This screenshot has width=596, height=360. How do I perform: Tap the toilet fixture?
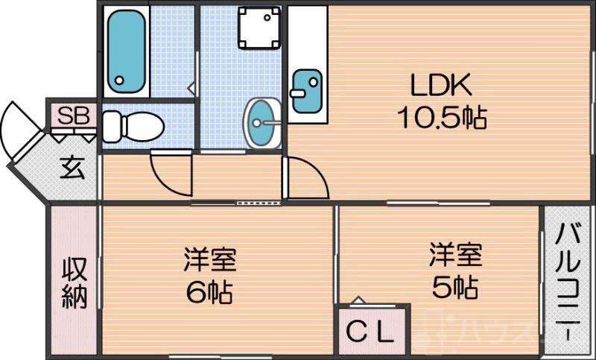point(133,125)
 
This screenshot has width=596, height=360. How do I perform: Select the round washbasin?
point(261,122)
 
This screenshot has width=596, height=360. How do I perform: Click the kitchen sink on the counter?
point(306,91)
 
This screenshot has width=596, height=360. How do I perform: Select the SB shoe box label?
point(73,116)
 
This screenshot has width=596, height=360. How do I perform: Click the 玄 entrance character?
point(72,168)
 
